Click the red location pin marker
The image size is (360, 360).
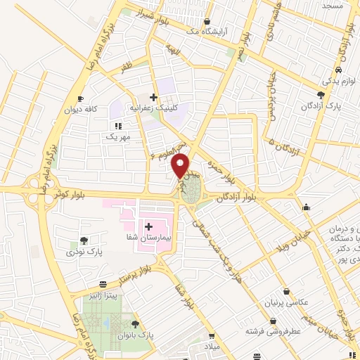(181, 166)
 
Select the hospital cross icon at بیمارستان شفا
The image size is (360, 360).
(149, 226)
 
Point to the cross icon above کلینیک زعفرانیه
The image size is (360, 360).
(153, 96)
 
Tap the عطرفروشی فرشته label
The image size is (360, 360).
(273, 330)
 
